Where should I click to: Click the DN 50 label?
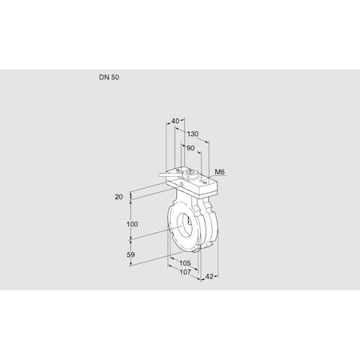pos(110,78)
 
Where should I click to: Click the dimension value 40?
pos(176,121)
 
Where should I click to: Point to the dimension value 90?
pos(190,148)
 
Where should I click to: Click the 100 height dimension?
pos(132,224)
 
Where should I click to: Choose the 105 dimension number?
pos(184,263)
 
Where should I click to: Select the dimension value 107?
pos(184,274)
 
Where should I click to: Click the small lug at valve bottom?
pos(198,254)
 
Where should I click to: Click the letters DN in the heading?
pos(103,78)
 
